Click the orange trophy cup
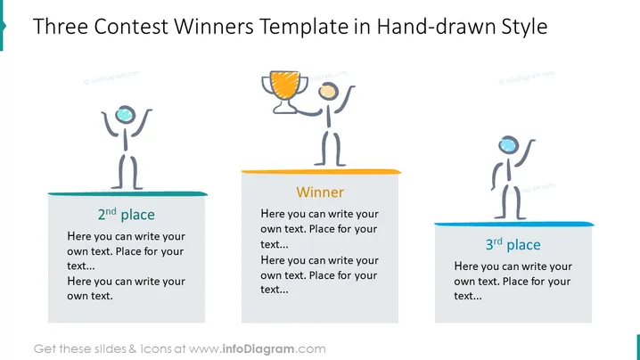(x=284, y=85)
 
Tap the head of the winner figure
(x=328, y=91)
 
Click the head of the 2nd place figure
(x=126, y=114)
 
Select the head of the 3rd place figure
(x=509, y=145)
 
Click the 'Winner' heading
(x=320, y=192)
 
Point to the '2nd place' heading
(x=126, y=214)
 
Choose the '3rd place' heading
(x=513, y=244)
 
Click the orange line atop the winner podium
(x=321, y=171)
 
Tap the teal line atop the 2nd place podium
(x=127, y=193)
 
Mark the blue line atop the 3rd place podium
(x=514, y=224)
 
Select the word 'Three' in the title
(x=61, y=27)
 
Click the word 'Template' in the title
(x=304, y=28)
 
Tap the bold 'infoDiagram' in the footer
(x=258, y=349)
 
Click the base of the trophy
(x=284, y=108)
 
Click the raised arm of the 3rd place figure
(x=525, y=152)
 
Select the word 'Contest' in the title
(x=131, y=27)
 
